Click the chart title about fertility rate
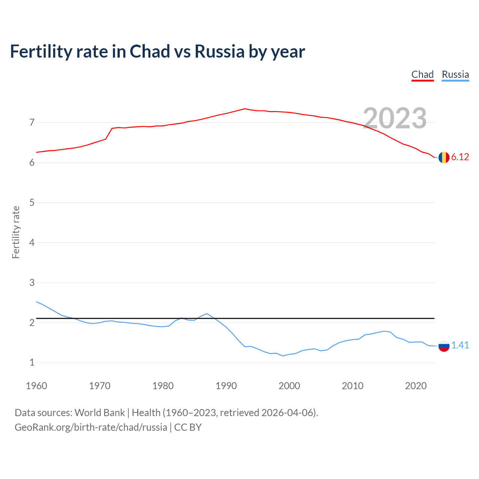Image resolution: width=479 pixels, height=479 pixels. coord(157,51)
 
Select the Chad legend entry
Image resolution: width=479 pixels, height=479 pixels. coord(422,74)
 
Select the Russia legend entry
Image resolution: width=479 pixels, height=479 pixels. coord(455,74)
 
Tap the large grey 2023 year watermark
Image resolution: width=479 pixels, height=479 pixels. coord(395,118)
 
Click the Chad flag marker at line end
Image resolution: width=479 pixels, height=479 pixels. coord(444,158)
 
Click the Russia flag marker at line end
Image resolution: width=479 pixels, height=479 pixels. coord(444,346)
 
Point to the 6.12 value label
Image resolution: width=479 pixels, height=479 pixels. coord(460,157)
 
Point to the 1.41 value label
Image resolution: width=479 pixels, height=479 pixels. coord(460,345)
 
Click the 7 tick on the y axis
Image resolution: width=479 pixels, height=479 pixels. coord(32,122)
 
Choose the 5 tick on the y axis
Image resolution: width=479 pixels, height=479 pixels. coord(32,202)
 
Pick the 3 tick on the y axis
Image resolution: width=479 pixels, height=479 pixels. coord(32,283)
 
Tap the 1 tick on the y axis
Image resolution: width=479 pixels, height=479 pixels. coord(32,362)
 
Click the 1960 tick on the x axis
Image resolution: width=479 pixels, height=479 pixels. coord(36,386)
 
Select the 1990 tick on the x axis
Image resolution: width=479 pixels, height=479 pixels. coord(226,386)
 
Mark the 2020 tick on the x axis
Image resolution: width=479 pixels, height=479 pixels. coord(416,386)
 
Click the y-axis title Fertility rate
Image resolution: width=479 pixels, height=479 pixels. coord(16,232)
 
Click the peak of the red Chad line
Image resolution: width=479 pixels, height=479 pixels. coord(245,109)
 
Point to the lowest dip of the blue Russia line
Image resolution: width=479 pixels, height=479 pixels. coord(283,356)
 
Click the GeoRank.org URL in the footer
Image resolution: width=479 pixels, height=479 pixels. coord(91,427)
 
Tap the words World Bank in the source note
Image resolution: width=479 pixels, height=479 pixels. coord(100,413)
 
